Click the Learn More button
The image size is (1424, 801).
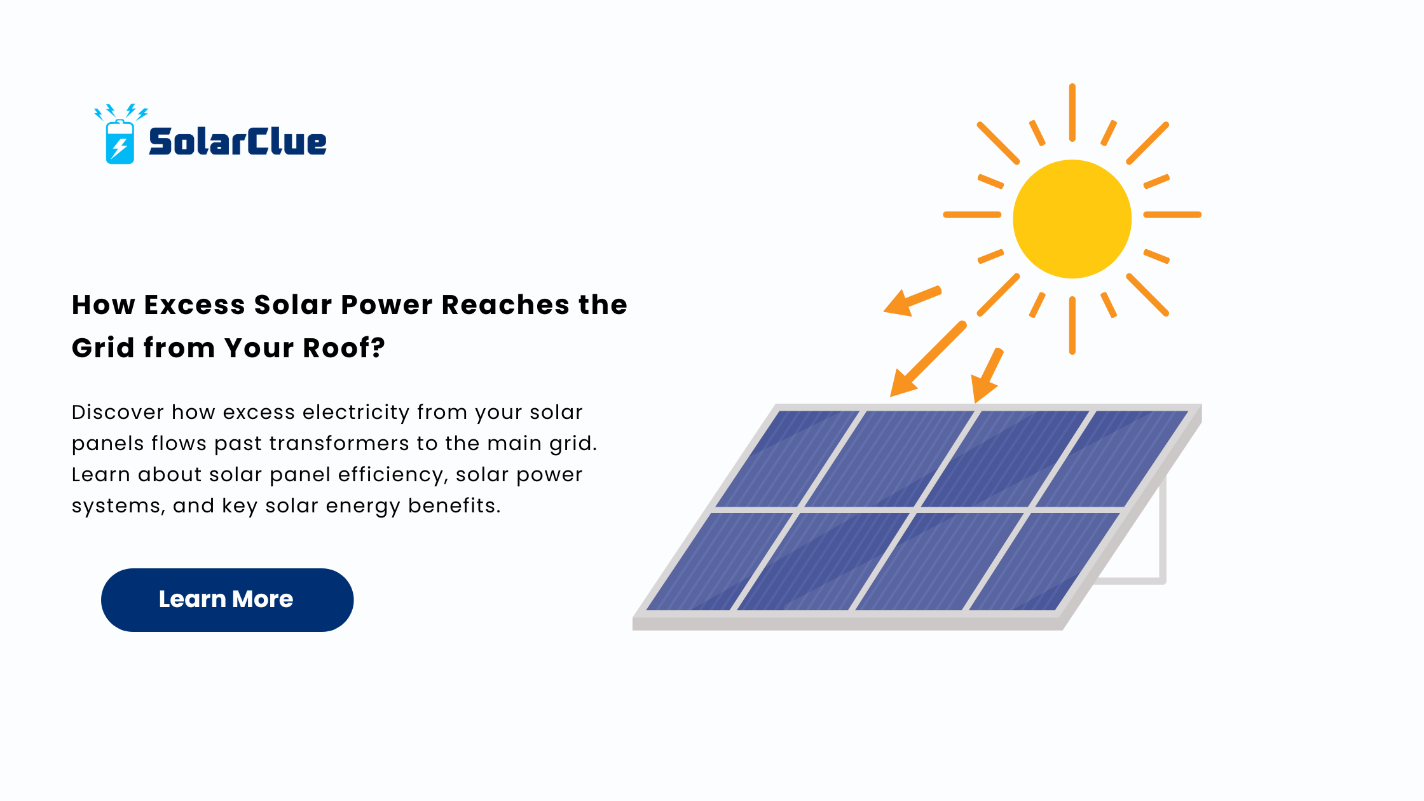pos(227,599)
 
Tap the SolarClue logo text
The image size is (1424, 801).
pos(238,141)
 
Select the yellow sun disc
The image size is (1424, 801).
pos(1072,219)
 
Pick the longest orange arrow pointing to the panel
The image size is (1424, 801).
pos(928,359)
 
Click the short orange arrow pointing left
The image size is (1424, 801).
pos(912,301)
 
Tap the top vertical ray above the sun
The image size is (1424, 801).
pos(1072,113)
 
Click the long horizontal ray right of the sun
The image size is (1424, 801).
pos(1172,215)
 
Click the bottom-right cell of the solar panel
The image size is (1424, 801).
pos(1044,562)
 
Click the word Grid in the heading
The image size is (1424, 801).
pos(103,348)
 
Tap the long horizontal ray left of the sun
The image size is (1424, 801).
pos(972,215)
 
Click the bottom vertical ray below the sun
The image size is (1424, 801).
pos(1072,325)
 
